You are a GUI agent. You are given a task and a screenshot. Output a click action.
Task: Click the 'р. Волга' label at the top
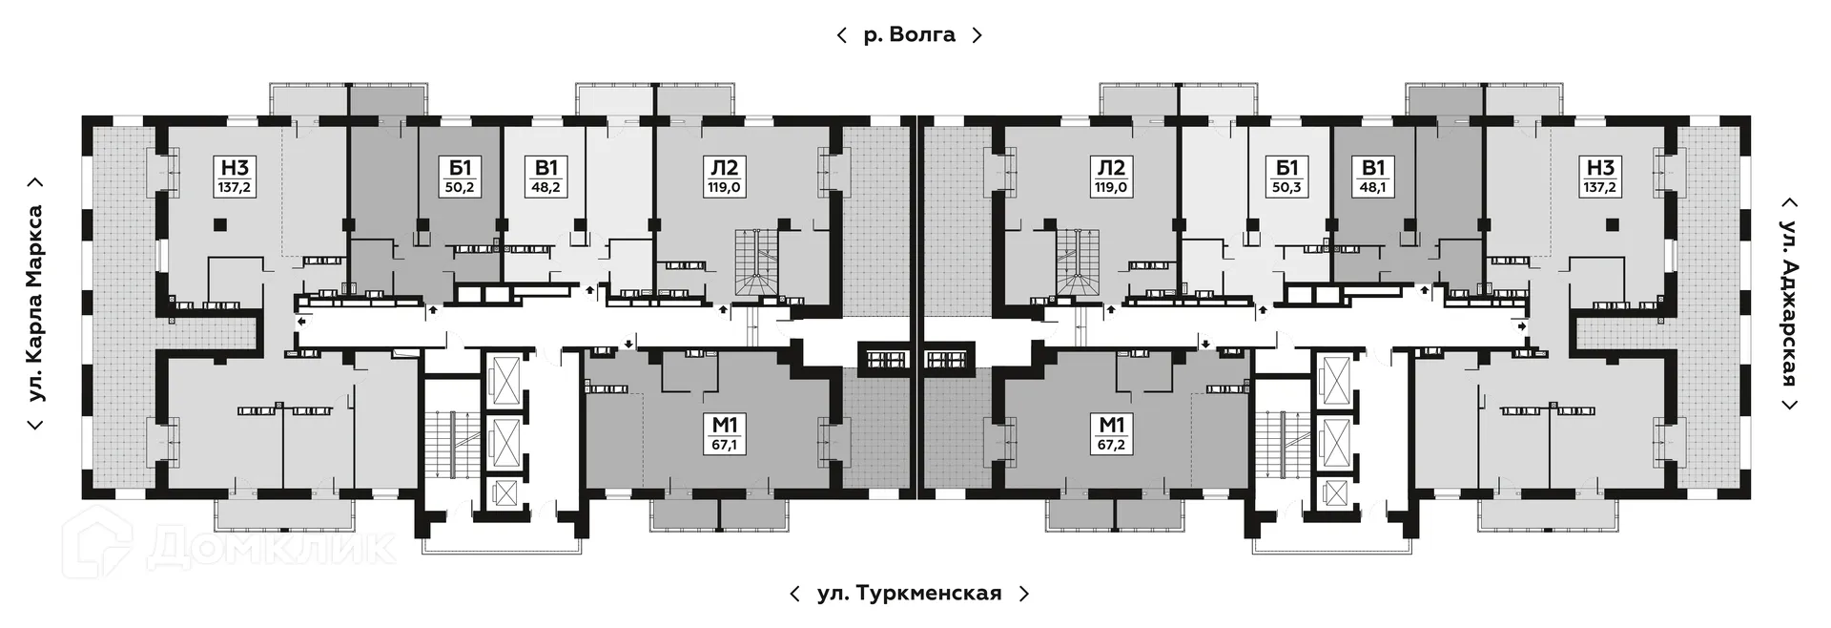909,35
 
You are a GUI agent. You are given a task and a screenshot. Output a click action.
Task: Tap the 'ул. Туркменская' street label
909,594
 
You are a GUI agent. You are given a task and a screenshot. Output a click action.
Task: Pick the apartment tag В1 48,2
545,177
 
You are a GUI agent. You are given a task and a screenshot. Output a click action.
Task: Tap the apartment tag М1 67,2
1111,434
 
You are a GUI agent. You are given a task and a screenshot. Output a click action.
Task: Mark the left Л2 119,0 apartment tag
725,177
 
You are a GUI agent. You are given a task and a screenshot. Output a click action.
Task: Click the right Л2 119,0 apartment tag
1111,177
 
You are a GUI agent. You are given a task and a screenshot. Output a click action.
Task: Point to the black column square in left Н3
220,225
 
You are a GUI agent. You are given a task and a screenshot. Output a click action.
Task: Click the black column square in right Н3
1612,225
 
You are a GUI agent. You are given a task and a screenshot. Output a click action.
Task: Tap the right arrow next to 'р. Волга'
977,35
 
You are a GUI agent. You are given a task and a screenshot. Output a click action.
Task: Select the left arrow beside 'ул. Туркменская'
794,594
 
